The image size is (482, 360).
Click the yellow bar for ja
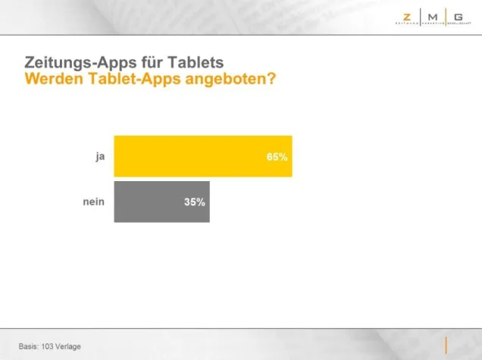(202, 156)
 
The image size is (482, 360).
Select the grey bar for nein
(161, 202)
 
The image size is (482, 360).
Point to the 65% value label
(277, 157)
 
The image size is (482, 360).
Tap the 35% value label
(194, 202)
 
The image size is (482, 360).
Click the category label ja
(99, 156)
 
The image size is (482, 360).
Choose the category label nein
(93, 202)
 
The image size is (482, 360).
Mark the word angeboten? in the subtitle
(226, 78)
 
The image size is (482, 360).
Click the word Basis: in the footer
(30, 346)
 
